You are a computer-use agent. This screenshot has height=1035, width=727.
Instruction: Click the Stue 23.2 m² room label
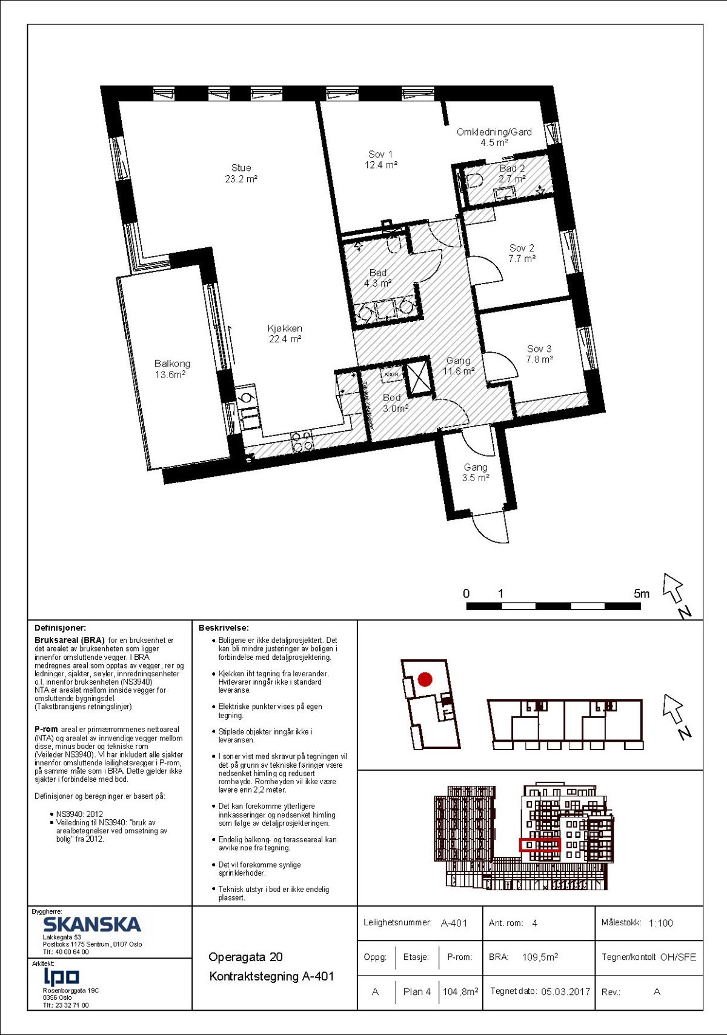pos(241,173)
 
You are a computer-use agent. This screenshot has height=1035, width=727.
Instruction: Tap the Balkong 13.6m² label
pos(172,368)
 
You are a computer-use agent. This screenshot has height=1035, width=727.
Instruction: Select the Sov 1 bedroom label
pos(380,159)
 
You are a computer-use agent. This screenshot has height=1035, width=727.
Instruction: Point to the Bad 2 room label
pos(512,173)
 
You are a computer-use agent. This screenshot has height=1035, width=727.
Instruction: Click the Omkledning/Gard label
pos(494,137)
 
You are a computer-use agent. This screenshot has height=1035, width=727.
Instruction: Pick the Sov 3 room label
pos(539,354)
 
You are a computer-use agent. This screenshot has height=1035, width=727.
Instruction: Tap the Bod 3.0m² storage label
pos(394,403)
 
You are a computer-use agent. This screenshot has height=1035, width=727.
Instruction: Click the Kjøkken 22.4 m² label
pos(285,333)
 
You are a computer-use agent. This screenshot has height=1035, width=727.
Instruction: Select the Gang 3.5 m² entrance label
pos(476,472)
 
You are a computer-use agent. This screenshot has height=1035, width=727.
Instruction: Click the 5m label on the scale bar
pos(641,593)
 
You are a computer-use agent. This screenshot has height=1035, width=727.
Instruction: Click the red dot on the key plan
pos(425,679)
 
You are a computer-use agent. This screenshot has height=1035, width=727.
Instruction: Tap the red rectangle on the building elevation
pos(540,845)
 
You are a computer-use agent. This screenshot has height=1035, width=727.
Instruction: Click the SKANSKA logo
pos(91,924)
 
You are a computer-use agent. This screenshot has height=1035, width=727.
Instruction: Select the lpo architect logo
pos(61,976)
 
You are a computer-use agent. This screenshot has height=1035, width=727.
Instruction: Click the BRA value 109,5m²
pos(540,957)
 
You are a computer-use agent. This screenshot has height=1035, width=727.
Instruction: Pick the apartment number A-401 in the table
pos(454,923)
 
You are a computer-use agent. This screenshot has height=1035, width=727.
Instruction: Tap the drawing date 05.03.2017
pos(565,991)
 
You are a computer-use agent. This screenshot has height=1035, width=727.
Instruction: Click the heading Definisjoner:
pos(61,628)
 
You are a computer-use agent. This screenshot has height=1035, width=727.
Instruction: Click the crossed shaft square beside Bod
pos(419,378)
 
